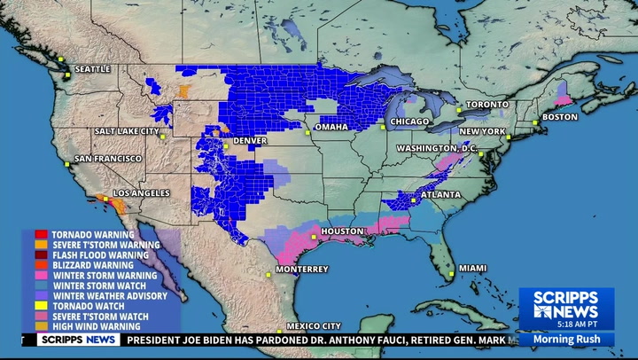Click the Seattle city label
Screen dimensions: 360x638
pos(92,68)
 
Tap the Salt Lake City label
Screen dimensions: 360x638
pos(126,131)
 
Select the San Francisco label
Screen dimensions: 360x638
pos(107,158)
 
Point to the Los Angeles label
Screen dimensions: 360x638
pos(140,192)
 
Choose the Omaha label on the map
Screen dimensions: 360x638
pos(331,127)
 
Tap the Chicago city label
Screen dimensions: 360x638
pos(410,121)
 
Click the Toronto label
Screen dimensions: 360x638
pos(487,105)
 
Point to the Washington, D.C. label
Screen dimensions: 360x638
pos(437,147)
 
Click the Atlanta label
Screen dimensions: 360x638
pos(440,194)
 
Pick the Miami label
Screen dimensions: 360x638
pos(472,268)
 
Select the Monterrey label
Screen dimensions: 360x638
pos(301,269)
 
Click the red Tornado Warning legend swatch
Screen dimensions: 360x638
pos(41,235)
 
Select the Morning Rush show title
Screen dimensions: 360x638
pos(565,339)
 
